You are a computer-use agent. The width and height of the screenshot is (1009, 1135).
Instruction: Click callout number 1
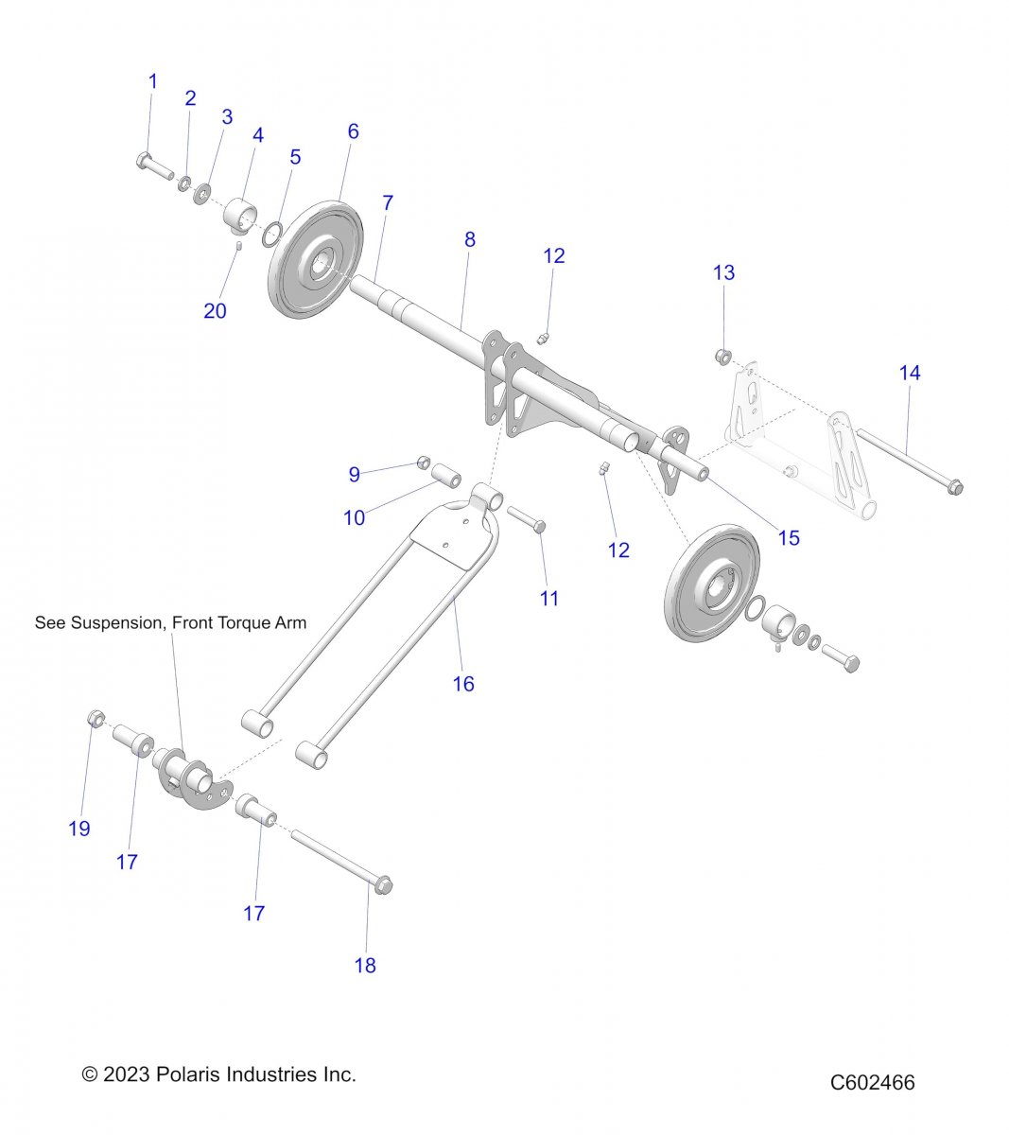point(153,82)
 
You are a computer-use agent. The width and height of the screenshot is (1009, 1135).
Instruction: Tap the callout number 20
point(215,310)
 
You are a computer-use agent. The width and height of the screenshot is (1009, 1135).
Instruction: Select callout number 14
point(909,373)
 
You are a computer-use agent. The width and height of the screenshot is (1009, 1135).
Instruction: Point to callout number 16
point(463,683)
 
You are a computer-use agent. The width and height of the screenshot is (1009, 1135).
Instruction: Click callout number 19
point(79,829)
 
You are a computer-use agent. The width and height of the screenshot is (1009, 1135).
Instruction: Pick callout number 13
point(723,272)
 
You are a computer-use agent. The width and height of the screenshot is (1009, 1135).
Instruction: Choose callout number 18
point(365,965)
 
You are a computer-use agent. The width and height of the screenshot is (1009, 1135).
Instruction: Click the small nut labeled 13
point(722,357)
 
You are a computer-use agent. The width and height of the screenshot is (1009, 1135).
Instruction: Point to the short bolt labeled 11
point(526,518)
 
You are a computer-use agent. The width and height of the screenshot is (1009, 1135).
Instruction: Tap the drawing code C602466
point(872,1082)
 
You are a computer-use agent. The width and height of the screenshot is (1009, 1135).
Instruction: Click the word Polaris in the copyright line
point(185,1074)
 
